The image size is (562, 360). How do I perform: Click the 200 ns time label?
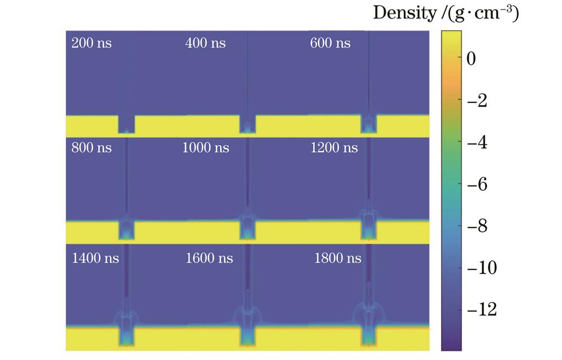[92, 43]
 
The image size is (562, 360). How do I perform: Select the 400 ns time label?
[205, 43]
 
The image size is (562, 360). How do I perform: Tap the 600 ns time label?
[330, 43]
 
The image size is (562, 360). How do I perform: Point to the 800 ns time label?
[92, 148]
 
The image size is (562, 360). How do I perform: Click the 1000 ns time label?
[206, 148]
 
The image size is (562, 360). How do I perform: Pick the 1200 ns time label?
[334, 148]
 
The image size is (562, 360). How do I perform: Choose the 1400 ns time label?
[96, 258]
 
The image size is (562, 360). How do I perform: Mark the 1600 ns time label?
[209, 258]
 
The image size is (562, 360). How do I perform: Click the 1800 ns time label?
[338, 258]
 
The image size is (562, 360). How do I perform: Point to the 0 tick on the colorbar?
[471, 60]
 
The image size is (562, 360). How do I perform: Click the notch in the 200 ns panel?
[126, 125]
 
